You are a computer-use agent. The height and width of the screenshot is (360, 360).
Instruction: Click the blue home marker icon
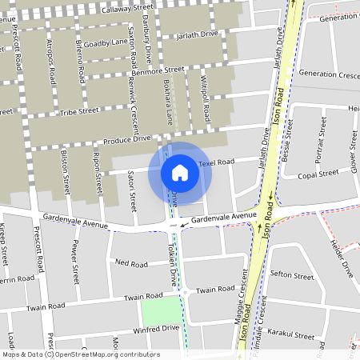(180, 172)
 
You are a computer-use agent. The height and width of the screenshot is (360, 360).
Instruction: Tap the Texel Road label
(215, 162)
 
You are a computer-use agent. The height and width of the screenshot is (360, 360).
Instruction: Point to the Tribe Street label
(78, 112)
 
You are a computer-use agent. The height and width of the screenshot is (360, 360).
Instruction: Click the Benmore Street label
(156, 72)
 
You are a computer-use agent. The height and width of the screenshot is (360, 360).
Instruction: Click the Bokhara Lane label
(168, 102)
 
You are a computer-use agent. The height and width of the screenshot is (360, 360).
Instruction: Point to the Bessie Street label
(284, 141)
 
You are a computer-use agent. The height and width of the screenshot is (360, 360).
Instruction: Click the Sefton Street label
(292, 276)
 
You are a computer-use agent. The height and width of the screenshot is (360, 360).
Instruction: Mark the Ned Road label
(132, 263)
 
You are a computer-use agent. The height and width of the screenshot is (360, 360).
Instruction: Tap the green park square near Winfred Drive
(160, 310)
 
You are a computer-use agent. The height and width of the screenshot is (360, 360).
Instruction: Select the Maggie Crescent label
(238, 296)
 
